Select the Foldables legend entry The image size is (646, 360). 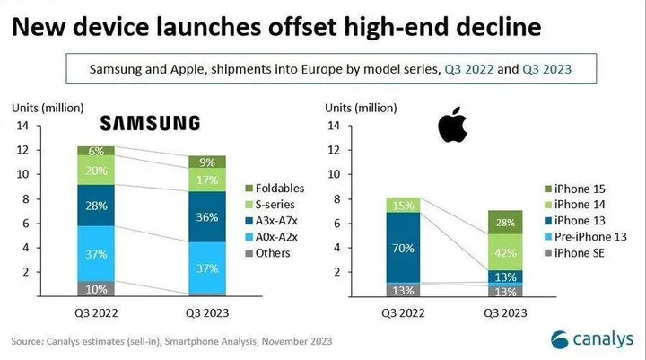coord(276,189)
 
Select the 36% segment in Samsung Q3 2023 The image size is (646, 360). coord(207,216)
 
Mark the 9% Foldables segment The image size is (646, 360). coord(207,162)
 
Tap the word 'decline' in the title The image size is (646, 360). coord(495,27)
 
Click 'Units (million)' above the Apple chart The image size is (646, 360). coord(359,108)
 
